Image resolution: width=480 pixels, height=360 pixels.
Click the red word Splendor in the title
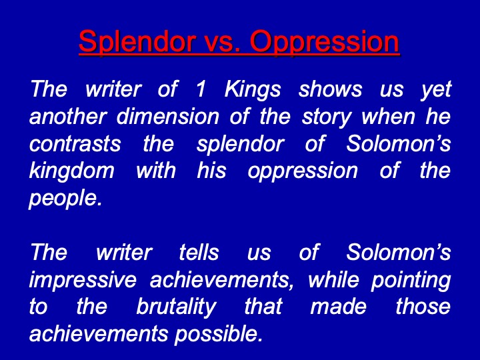pos(137,42)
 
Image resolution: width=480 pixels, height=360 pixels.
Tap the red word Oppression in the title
pos(325,42)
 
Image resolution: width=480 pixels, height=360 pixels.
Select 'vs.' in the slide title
pos(222,42)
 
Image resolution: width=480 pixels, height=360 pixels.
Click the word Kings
pos(253,90)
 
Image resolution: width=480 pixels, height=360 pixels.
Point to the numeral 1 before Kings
pos(201,89)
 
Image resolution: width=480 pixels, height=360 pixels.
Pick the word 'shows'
pos(330,89)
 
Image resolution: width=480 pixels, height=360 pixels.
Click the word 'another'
pos(68,117)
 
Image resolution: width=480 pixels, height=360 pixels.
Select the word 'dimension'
pos(168,117)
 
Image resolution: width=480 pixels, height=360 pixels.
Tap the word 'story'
pos(327,117)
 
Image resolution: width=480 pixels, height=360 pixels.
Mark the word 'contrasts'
pos(75,144)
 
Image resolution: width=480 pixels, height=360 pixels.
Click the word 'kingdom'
pos(72,171)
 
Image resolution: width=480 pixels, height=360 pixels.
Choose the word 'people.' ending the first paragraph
pos(65,199)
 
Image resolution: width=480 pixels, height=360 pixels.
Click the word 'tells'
pos(199,253)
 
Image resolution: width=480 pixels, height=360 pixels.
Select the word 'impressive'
pos(83,281)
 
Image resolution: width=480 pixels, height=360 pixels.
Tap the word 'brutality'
pos(176,307)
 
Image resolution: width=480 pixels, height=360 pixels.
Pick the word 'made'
pos(338,307)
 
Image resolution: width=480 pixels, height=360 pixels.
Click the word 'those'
pos(423,307)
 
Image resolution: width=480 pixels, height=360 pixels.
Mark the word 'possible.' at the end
pos(219,334)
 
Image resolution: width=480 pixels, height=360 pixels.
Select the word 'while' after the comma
pos(333,280)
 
